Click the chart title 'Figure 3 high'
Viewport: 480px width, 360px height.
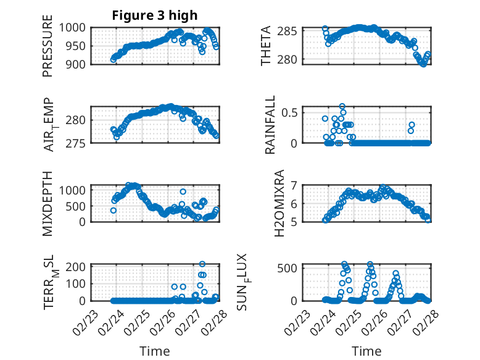(x=155, y=15)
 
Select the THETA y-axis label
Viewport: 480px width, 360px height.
(x=266, y=45)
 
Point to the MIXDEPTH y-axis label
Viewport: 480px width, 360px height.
(x=48, y=203)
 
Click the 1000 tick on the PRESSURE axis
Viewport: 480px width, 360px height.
(x=77, y=27)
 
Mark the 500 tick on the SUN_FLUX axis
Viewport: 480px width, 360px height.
(x=291, y=267)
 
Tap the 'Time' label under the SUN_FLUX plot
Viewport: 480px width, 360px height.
(x=366, y=351)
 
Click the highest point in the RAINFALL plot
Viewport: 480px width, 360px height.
(x=342, y=106)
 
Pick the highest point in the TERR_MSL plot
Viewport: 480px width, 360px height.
(x=202, y=264)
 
